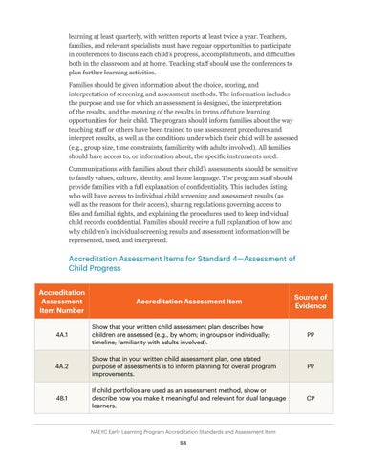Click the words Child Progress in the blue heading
(x=101, y=268)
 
